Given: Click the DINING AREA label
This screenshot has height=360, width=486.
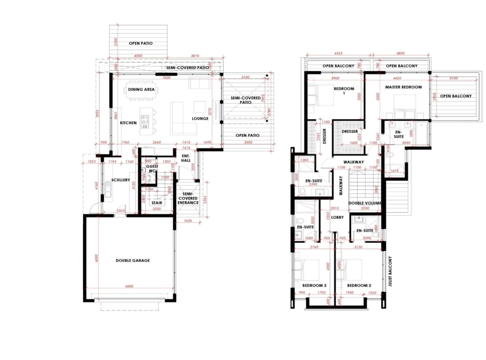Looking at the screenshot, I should [141, 89].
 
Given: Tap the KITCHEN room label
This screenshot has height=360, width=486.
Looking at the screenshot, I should [128, 123].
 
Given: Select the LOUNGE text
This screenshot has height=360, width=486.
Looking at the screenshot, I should [200, 119].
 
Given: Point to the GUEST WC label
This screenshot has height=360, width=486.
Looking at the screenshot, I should [152, 169].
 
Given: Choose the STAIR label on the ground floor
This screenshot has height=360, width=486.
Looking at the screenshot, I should [156, 188].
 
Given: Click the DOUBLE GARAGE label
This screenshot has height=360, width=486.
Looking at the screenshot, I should [132, 260].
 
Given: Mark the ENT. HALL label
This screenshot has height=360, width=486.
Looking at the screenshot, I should [186, 158].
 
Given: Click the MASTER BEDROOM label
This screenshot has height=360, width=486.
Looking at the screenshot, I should [403, 87].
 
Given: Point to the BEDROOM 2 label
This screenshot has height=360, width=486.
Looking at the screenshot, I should [359, 285].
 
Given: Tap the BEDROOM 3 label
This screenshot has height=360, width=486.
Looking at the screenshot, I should [314, 285].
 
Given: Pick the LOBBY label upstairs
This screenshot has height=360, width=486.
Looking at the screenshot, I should [337, 217].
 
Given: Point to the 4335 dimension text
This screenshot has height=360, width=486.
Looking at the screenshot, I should [339, 54].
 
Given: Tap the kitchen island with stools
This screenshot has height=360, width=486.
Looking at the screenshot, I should [145, 123].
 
